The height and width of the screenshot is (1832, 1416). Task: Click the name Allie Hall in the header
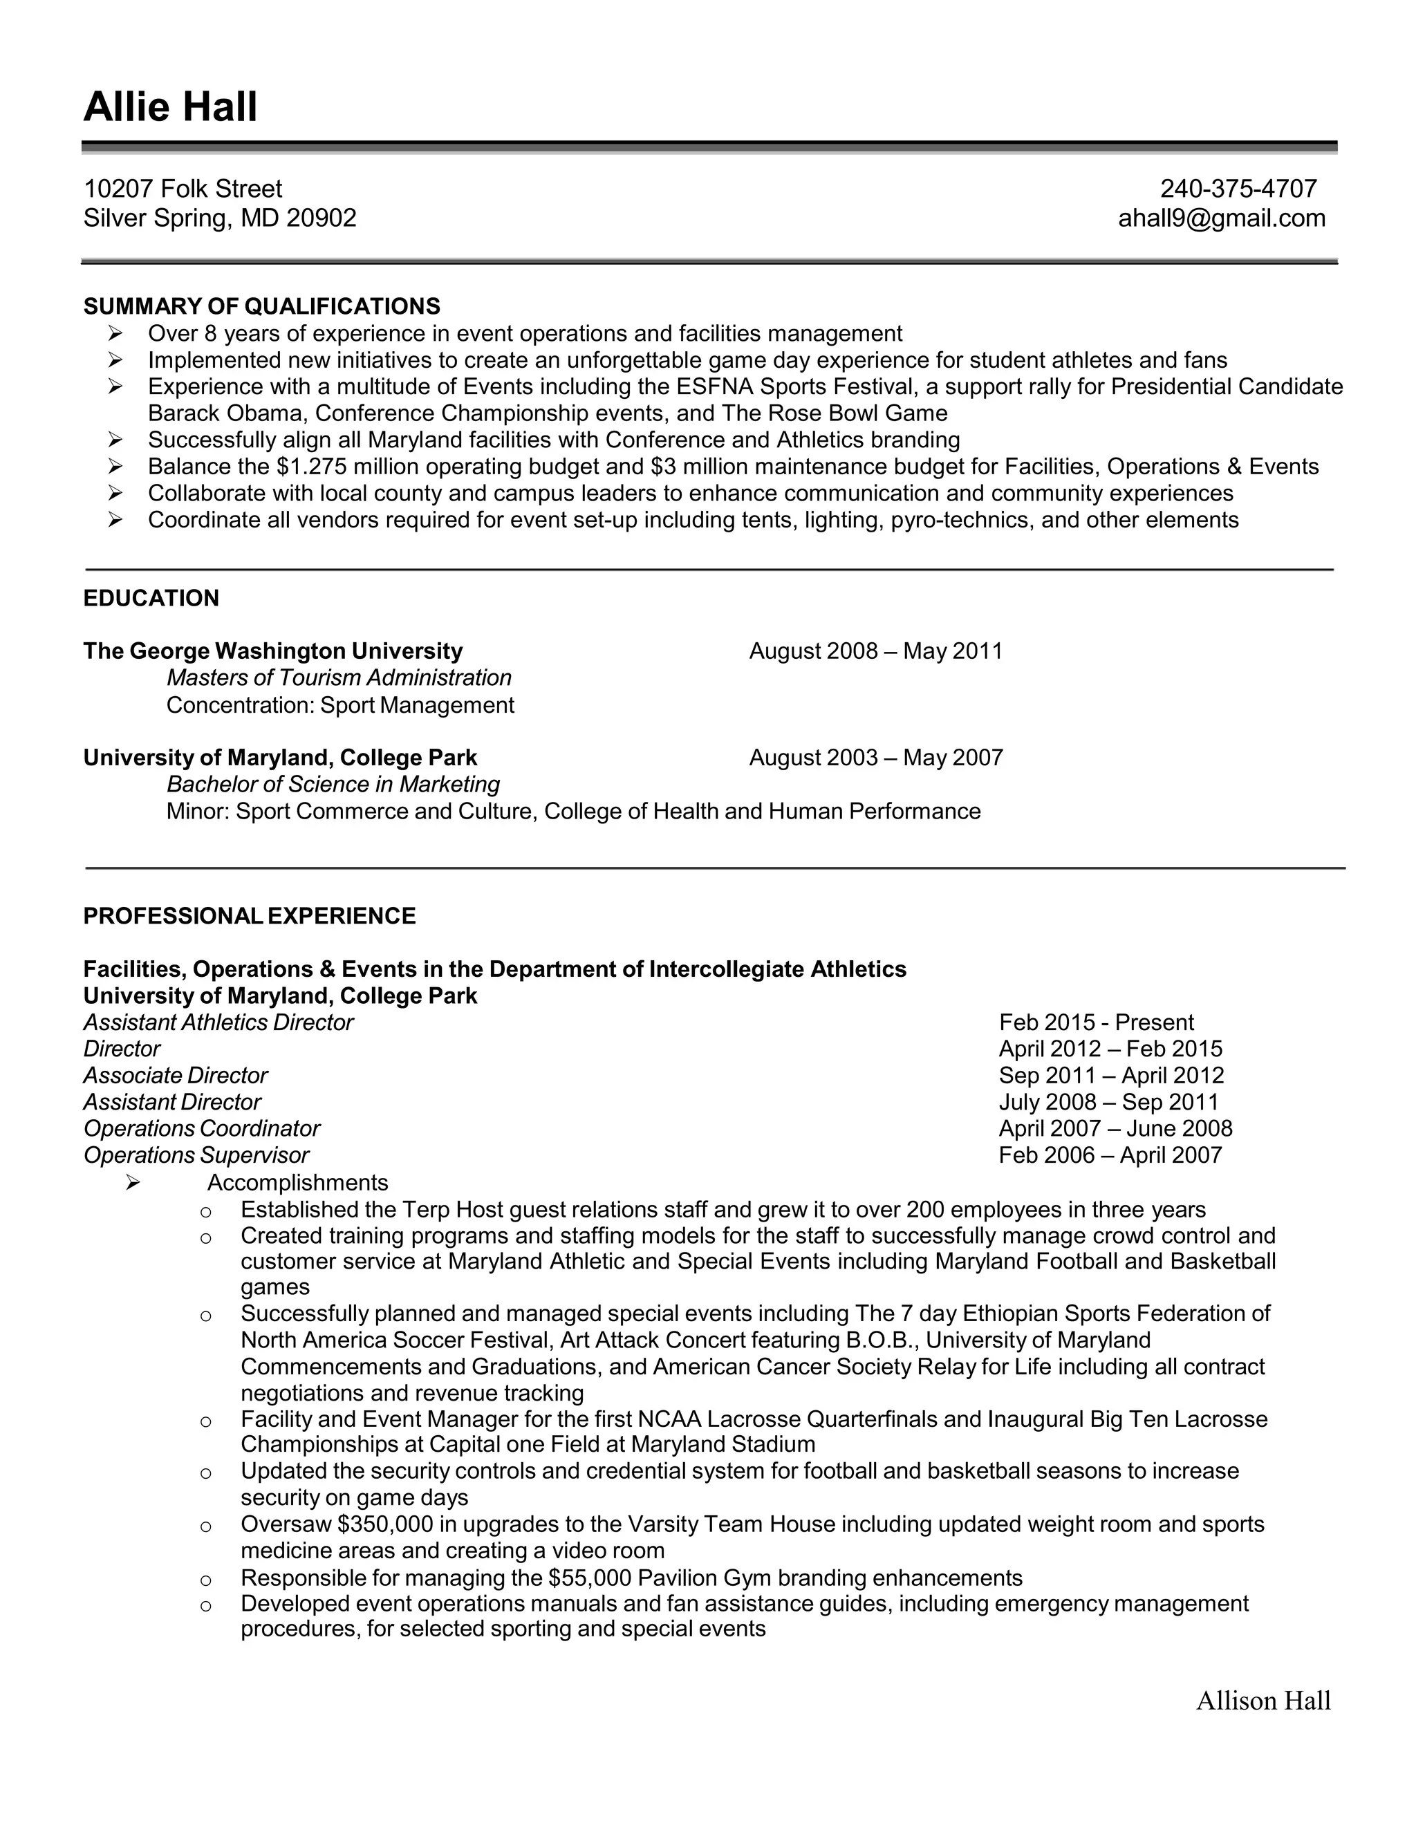[170, 107]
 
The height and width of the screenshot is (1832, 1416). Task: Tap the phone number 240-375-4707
[1238, 188]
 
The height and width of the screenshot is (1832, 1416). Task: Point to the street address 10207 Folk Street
[183, 188]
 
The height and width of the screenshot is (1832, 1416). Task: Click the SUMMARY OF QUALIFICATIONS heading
[262, 306]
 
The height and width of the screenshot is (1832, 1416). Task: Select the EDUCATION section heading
[151, 598]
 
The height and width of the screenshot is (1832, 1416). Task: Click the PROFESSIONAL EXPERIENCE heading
[249, 915]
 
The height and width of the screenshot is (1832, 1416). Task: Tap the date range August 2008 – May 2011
[876, 651]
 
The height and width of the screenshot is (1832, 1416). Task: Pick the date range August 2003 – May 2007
[876, 758]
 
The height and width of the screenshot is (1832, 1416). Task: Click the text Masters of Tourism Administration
[339, 677]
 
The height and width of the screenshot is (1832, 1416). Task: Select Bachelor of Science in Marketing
[333, 785]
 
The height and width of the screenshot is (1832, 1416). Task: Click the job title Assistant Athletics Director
[218, 1022]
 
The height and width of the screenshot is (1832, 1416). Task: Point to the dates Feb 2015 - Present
[1097, 1022]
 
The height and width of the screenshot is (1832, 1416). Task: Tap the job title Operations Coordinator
[201, 1128]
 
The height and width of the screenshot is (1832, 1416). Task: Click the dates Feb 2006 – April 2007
[1110, 1155]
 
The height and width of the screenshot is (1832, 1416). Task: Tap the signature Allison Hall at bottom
[1263, 1701]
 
